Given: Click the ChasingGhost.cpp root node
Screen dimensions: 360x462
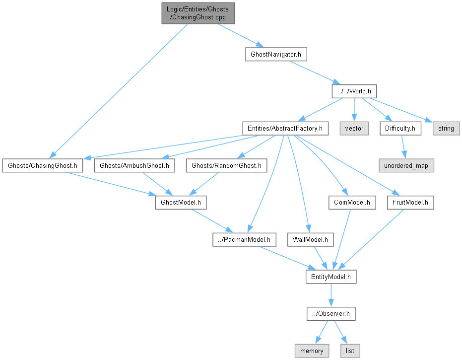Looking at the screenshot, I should (197, 13).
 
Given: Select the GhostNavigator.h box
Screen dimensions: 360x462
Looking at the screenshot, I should (275, 54).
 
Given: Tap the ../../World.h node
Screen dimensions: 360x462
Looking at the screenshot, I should (354, 91).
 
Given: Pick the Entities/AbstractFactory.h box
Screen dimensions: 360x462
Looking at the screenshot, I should (285, 128).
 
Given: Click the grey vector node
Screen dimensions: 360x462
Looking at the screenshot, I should (354, 128).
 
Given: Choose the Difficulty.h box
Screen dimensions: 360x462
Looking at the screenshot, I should (400, 128).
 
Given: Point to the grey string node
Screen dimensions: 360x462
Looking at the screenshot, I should (446, 128).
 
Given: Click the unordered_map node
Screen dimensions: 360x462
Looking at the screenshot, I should (406, 165).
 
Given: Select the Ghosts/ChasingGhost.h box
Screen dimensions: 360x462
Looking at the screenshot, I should (43, 165).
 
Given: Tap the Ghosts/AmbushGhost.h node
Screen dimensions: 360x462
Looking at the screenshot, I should (134, 165).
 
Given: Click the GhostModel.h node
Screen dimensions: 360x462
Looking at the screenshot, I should (181, 203).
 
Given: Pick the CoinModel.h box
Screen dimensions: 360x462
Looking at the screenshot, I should (352, 203).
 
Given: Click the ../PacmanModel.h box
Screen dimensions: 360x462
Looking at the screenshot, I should (244, 240).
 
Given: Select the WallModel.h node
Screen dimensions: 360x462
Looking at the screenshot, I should (310, 240).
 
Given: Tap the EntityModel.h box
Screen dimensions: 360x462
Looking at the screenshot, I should (330, 277).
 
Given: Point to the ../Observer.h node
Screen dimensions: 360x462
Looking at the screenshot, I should (330, 314).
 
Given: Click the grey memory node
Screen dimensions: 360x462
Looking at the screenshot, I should (312, 351).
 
